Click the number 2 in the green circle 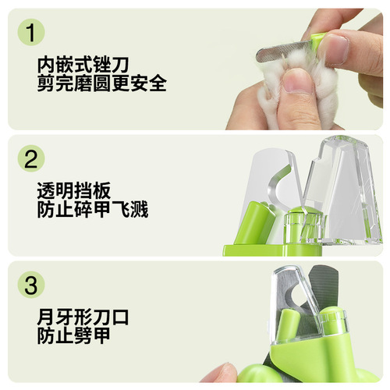[x=30, y=160]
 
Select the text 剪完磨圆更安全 [x=101, y=83]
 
